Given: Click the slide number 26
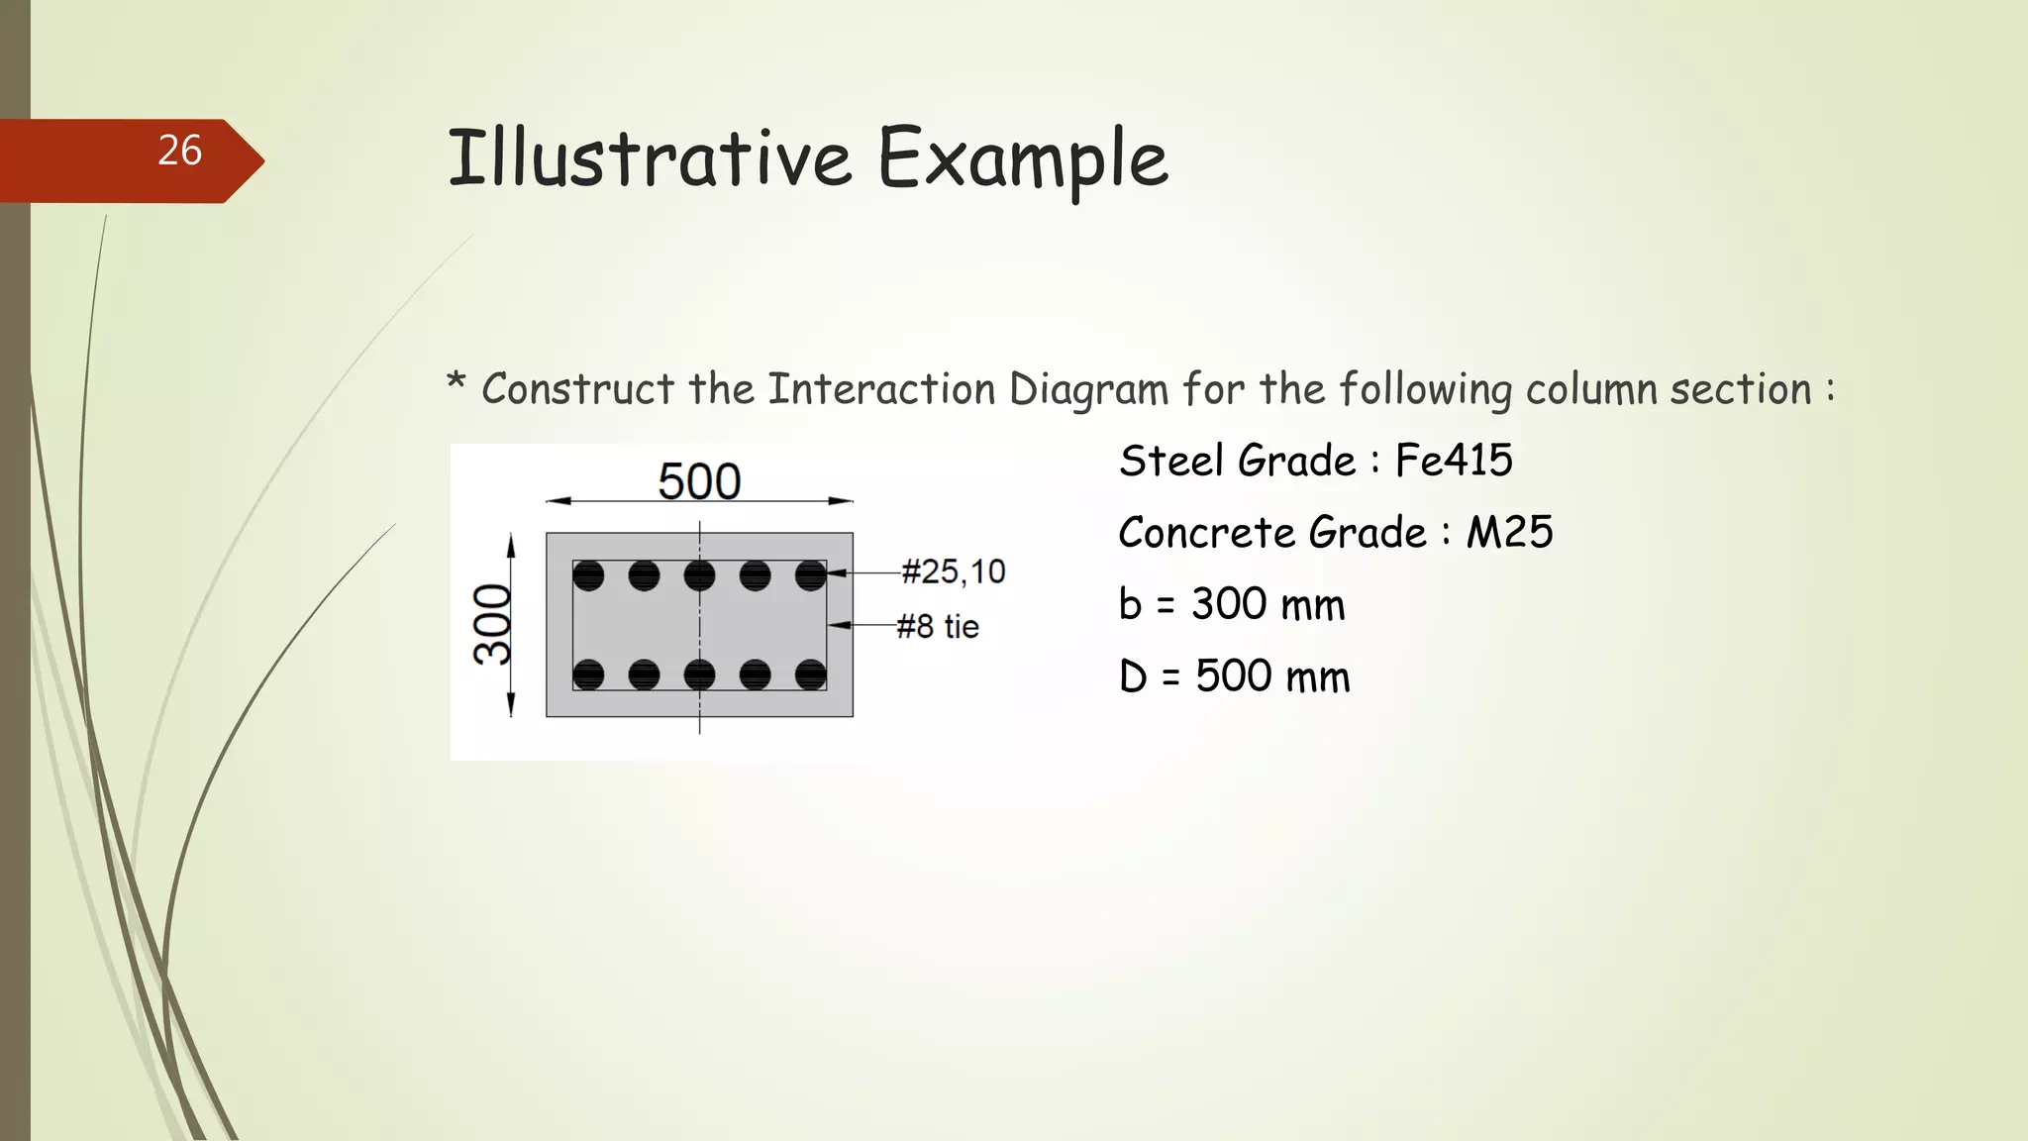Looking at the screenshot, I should [179, 151].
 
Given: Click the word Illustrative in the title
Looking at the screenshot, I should [649, 158].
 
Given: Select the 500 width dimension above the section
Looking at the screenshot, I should [699, 481].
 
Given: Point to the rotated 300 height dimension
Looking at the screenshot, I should [492, 624].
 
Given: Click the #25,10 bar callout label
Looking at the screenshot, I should [953, 571].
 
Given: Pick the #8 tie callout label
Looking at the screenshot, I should [937, 626].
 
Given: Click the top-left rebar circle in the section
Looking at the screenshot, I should [588, 575].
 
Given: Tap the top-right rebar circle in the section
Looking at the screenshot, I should [810, 575].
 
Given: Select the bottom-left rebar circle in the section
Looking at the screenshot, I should [588, 674].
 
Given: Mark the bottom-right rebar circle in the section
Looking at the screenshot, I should [810, 674].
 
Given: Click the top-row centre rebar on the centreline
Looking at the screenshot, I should [699, 575].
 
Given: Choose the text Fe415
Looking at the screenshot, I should [1454, 461].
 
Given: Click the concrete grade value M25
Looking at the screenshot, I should [1509, 533].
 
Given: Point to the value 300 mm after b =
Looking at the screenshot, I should [1267, 604].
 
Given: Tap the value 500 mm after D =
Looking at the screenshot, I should [1272, 676].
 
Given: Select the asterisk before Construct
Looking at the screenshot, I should [456, 382].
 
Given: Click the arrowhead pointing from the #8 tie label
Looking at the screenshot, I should [835, 625].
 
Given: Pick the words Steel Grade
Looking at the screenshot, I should [1237, 461].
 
